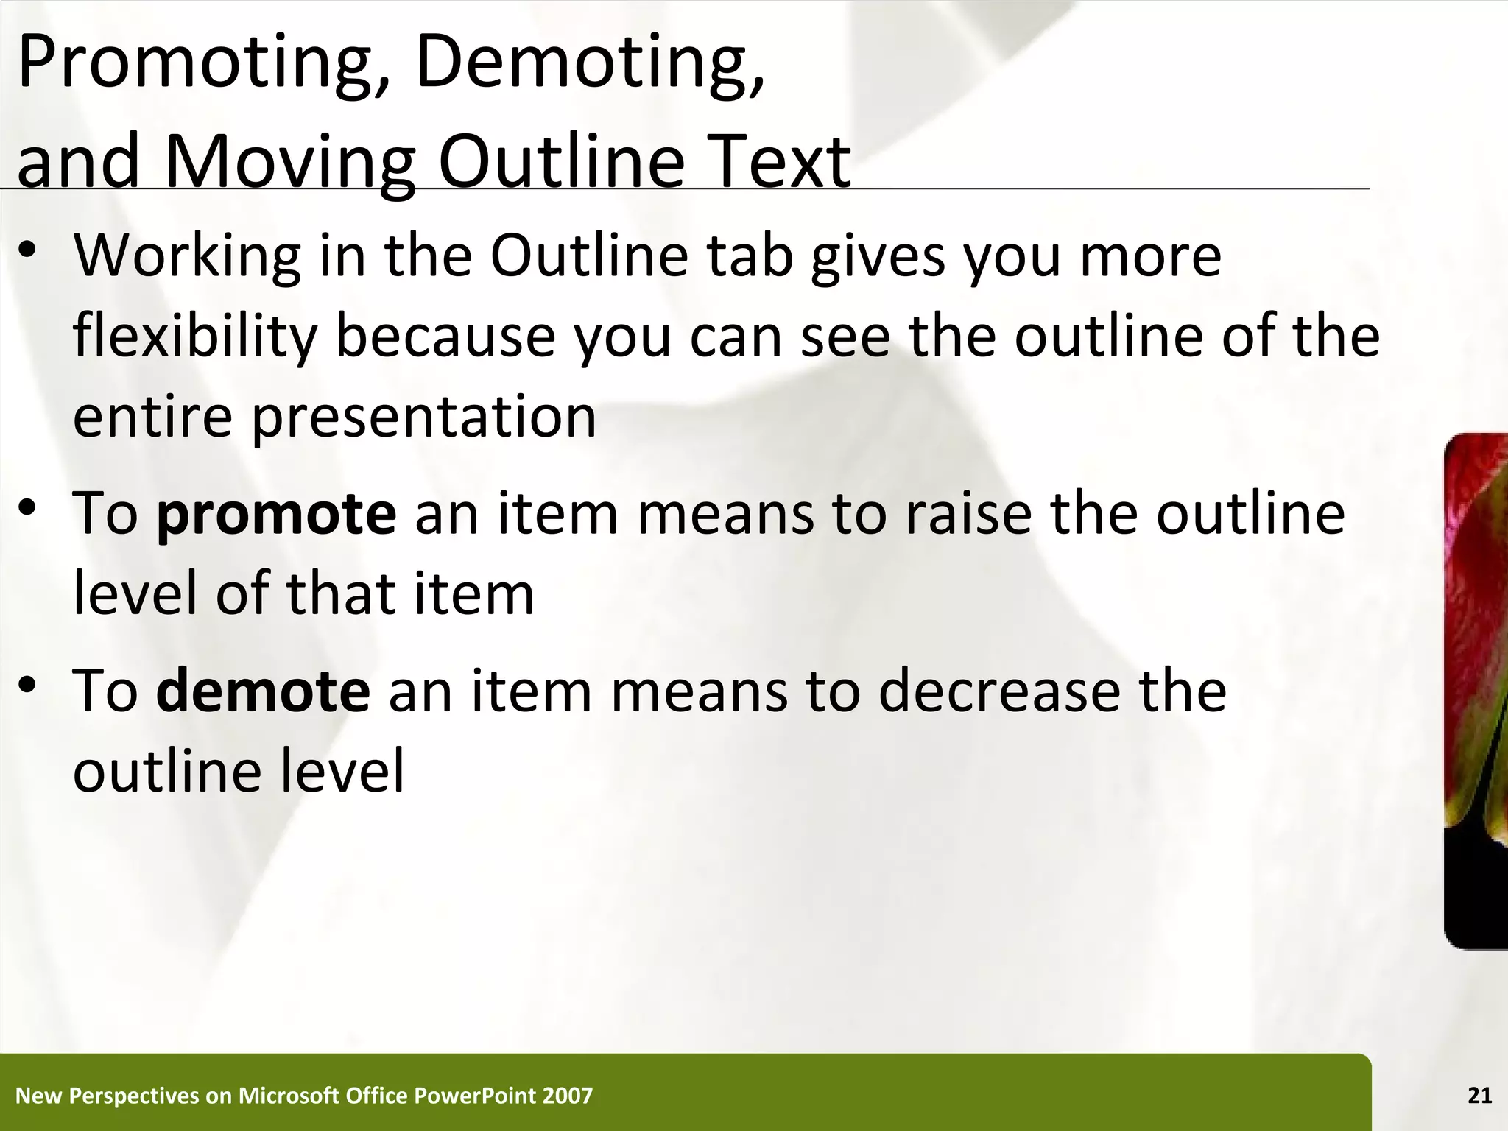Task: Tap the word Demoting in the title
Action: coord(589,65)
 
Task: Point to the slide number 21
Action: coord(1479,1096)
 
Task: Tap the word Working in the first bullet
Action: coord(188,256)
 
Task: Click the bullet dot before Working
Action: coord(28,250)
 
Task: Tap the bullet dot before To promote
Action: coord(28,508)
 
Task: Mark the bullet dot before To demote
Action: coord(28,685)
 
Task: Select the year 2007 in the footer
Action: coord(567,1096)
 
